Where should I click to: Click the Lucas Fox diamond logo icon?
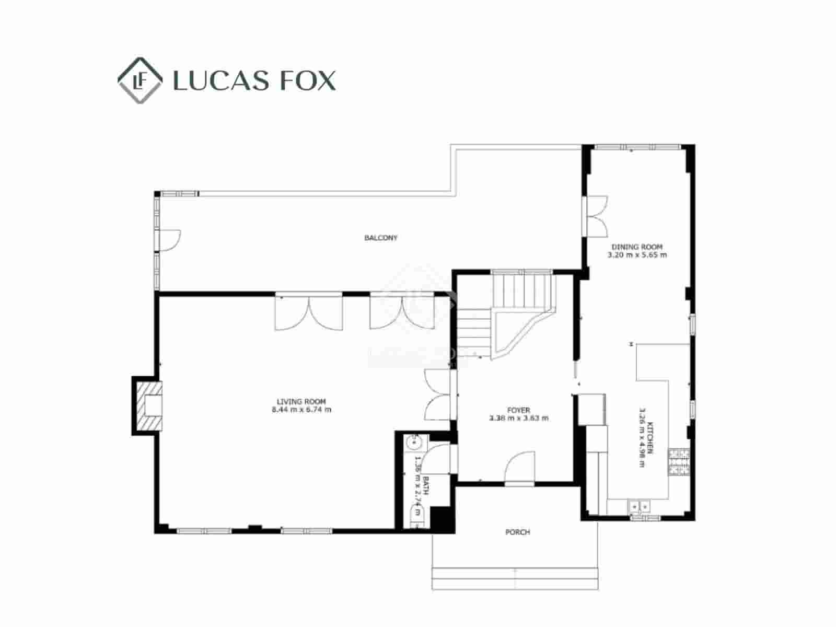pos(139,80)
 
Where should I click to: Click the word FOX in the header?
pos(308,81)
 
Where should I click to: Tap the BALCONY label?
pos(381,238)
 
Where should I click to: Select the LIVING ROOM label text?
pos(301,402)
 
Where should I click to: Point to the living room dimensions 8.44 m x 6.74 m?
pos(301,410)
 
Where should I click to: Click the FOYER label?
pos(518,410)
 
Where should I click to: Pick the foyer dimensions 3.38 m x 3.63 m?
pos(518,418)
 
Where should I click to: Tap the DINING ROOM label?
pos(637,247)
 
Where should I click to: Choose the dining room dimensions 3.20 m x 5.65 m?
pos(637,255)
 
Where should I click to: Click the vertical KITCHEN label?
pos(650,437)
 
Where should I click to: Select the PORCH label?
pos(517,532)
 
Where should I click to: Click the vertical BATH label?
pos(425,486)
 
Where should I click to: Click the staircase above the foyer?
pos(504,313)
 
